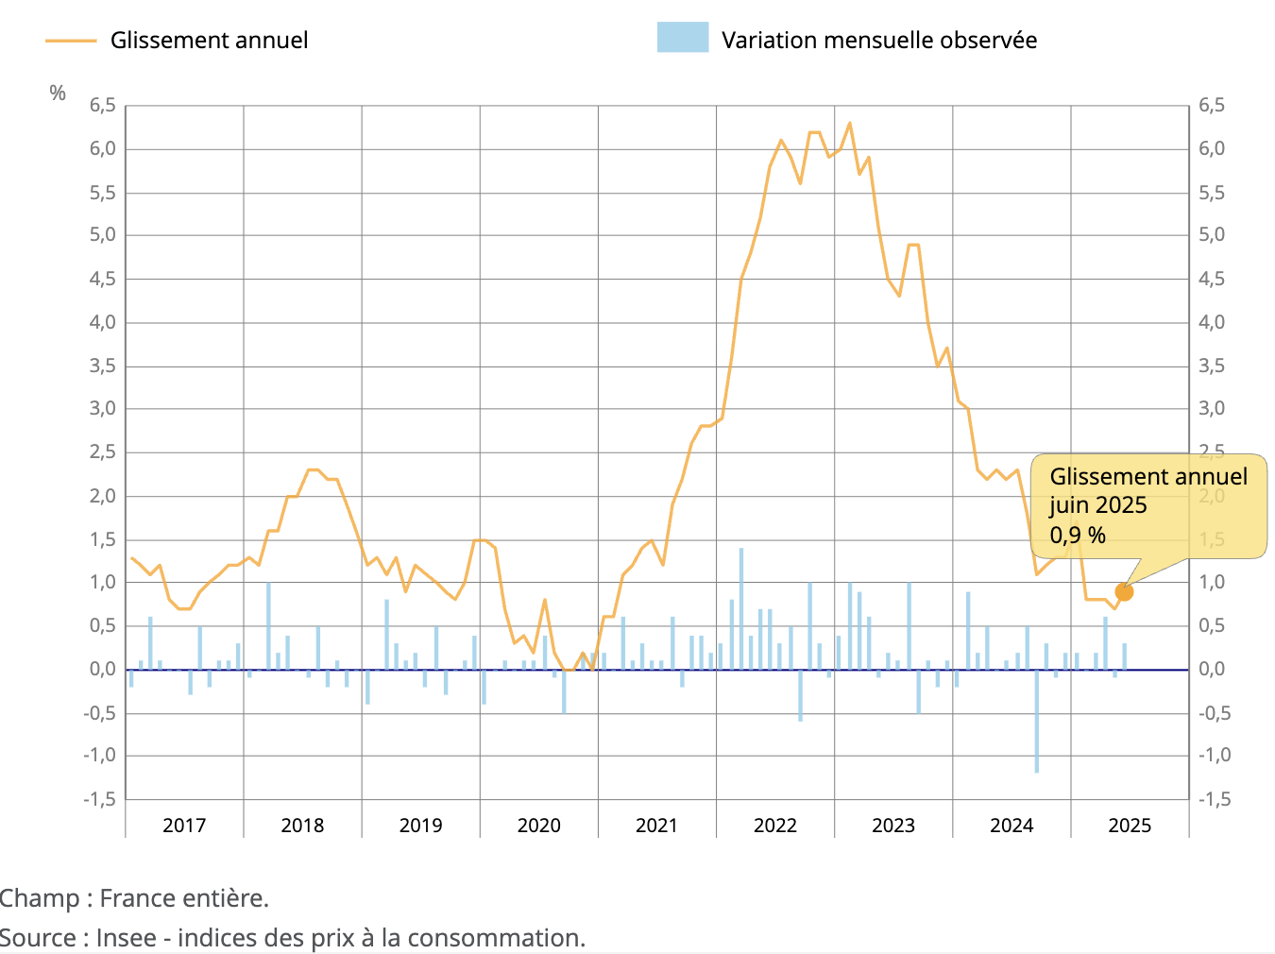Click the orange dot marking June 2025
[1124, 592]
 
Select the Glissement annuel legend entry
[209, 41]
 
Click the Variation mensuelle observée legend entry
[878, 41]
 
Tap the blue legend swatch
[683, 38]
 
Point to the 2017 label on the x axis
[184, 826]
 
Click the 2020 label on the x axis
[539, 826]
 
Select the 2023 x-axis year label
[893, 826]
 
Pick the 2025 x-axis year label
[1130, 826]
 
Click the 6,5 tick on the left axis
[102, 106]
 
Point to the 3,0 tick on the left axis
[102, 409]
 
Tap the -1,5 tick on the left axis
[99, 799]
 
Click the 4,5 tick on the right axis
[1212, 279]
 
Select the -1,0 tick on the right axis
[1215, 756]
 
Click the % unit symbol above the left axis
[58, 93]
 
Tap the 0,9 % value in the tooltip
[1078, 536]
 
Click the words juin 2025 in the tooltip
[1097, 505]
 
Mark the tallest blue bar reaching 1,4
[741, 608]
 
